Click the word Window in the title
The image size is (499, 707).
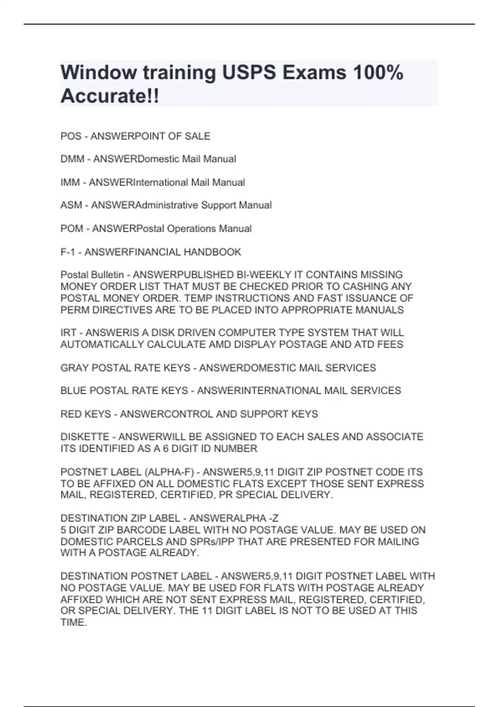point(98,73)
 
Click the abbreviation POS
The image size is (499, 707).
point(71,136)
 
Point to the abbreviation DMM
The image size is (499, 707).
point(72,159)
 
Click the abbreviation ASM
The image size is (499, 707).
point(71,205)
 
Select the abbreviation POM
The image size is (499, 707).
point(72,229)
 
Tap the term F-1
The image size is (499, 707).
point(68,252)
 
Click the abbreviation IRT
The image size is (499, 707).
point(68,333)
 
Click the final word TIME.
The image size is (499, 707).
point(73,623)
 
